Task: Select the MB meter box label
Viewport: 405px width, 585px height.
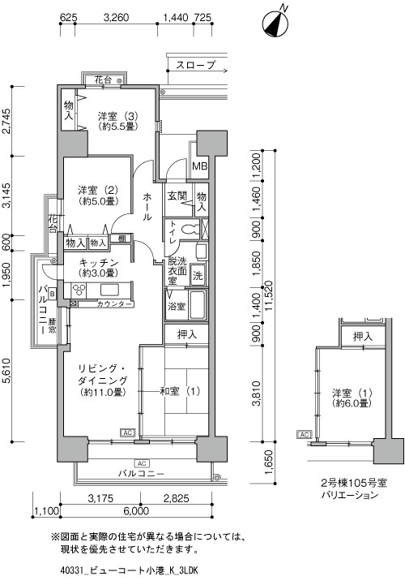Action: pyautogui.click(x=198, y=167)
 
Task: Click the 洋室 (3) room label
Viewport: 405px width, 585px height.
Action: pyautogui.click(x=118, y=120)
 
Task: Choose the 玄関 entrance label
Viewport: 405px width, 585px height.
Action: pyautogui.click(x=177, y=197)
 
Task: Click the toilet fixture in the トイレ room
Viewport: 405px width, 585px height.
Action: pyautogui.click(x=190, y=230)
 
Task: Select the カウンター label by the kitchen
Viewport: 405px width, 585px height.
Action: pyautogui.click(x=115, y=303)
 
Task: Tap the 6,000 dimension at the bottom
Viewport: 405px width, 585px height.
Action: pyautogui.click(x=136, y=511)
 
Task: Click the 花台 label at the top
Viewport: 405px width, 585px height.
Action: pyautogui.click(x=103, y=81)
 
